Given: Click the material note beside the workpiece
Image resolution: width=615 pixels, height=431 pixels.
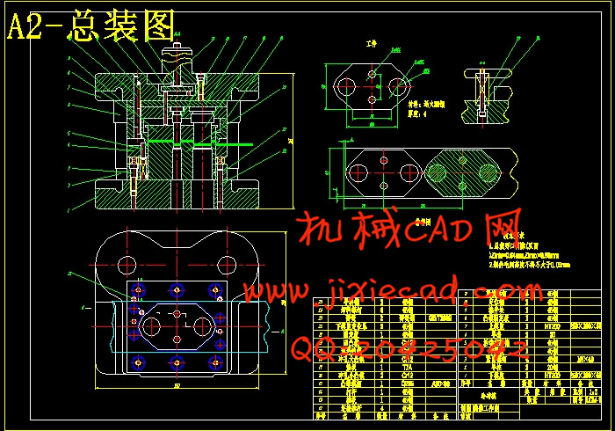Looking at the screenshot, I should click(x=430, y=104).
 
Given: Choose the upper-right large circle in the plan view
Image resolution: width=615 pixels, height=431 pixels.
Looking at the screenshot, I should click(x=227, y=262).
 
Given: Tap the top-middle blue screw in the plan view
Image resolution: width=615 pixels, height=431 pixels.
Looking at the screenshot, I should click(x=177, y=289).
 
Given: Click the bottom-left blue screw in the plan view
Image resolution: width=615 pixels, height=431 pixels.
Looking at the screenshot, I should click(x=135, y=361).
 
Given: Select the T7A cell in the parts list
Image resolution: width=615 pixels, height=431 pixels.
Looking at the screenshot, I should click(x=407, y=370).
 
